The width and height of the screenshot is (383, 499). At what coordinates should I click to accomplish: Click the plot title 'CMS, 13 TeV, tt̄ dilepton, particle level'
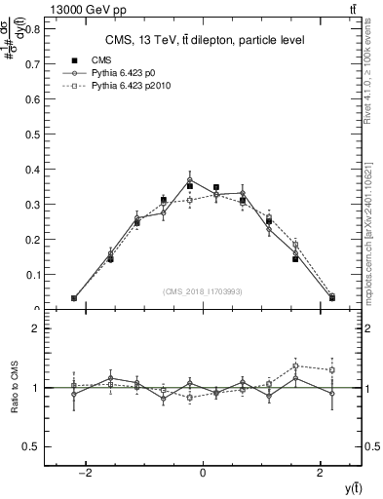203,40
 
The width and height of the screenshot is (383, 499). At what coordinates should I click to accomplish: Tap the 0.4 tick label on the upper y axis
33,170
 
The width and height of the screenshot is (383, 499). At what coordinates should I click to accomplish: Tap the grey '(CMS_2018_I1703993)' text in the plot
203,291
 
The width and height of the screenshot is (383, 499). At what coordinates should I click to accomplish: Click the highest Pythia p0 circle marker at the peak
190,180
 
